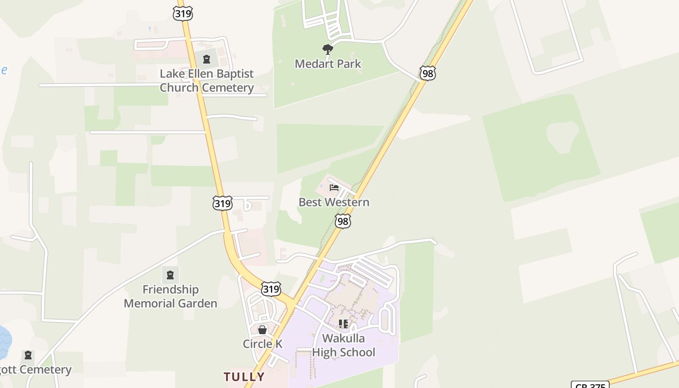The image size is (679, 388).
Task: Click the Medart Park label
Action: (x=328, y=64)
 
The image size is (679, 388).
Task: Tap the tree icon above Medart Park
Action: (x=328, y=49)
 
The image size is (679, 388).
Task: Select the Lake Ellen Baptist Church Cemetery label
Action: (x=207, y=81)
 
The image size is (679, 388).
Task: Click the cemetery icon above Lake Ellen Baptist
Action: (x=207, y=60)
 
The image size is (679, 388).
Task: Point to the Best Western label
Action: (x=334, y=202)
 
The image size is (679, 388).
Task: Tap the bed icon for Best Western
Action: (x=334, y=188)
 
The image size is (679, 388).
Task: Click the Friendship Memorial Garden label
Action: (x=170, y=296)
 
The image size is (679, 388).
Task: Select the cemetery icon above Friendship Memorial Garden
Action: (x=170, y=275)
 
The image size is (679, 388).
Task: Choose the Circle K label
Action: (x=262, y=344)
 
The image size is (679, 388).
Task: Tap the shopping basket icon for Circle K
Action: (x=262, y=330)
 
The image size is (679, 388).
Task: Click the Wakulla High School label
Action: (x=343, y=345)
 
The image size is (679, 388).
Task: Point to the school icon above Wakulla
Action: (x=343, y=323)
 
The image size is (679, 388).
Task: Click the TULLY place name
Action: (x=244, y=377)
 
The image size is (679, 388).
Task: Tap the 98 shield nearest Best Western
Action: (x=342, y=222)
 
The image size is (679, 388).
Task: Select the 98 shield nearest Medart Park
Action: (x=428, y=73)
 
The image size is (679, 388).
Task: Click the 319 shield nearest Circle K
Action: (x=271, y=290)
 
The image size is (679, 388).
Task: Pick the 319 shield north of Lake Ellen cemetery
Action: (x=183, y=14)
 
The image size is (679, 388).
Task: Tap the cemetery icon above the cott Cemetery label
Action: (x=28, y=356)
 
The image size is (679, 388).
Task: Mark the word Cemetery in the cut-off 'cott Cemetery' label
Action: (x=46, y=370)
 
